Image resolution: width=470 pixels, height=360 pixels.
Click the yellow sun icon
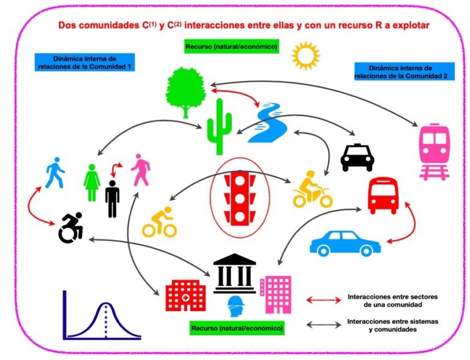(x=305, y=56)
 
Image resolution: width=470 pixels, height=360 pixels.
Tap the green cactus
(x=220, y=127)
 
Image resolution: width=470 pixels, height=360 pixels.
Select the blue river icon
(x=267, y=122)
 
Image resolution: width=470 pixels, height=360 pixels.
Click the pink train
(x=435, y=152)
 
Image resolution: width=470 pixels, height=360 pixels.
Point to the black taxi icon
(x=357, y=157)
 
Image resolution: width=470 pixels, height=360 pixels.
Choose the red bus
(x=382, y=195)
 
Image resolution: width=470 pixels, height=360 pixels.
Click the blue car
(x=345, y=243)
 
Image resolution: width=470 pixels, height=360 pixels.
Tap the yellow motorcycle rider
(x=312, y=189)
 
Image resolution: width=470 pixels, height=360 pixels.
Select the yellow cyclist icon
(x=159, y=222)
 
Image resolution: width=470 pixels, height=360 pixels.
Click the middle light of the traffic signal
(x=241, y=198)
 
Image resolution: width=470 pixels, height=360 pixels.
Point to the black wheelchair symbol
(x=71, y=228)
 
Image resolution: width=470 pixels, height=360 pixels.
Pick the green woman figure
(x=92, y=182)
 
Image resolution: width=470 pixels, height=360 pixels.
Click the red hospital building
(x=186, y=296)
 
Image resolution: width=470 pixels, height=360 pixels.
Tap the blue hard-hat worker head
(x=236, y=306)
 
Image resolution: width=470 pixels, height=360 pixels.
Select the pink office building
(x=276, y=294)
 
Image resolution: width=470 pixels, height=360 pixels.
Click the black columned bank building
(x=234, y=273)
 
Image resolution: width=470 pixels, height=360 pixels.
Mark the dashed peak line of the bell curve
(x=106, y=320)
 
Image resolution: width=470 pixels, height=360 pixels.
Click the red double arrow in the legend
(x=323, y=300)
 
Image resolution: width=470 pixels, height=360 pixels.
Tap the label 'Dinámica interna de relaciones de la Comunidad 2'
(x=405, y=72)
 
